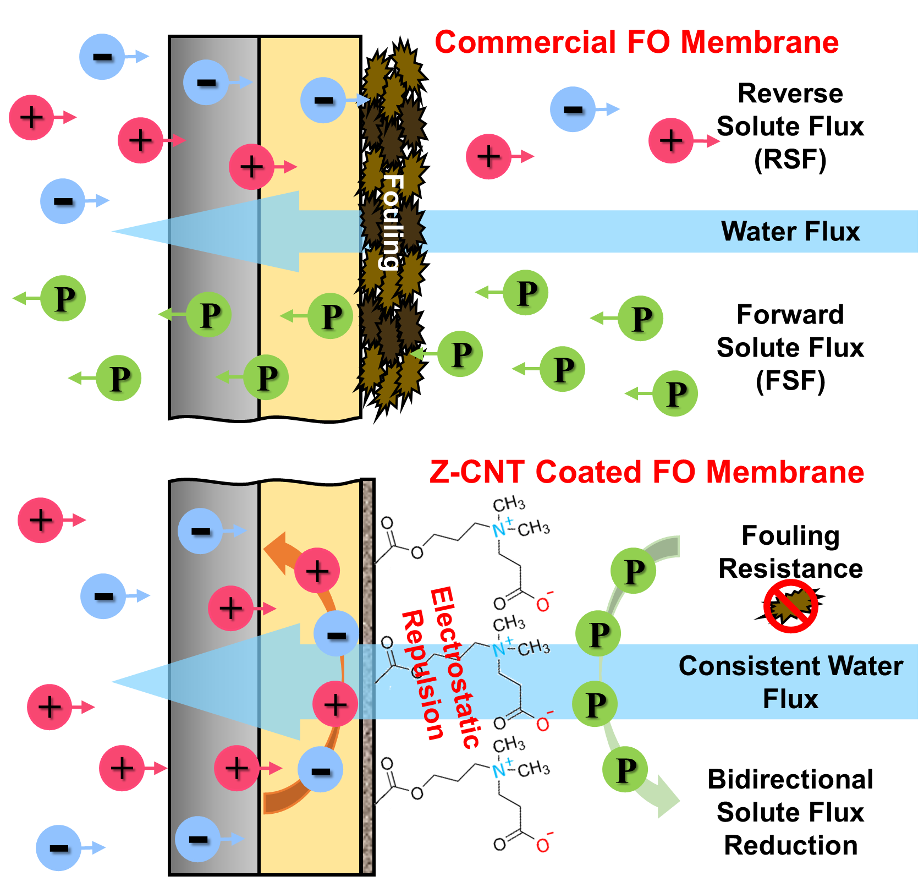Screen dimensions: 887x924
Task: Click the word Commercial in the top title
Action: (525, 43)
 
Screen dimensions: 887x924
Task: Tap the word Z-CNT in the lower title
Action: (476, 473)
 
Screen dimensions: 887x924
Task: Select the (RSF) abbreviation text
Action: (790, 160)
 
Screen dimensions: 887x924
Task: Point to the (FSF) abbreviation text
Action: (790, 381)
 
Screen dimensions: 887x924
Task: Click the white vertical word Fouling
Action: (393, 222)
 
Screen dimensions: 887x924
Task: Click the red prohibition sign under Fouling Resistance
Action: (790, 606)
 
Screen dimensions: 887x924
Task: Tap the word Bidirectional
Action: (790, 780)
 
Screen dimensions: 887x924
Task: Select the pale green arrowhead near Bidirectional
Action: (667, 798)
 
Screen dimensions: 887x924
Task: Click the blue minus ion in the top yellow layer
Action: (323, 100)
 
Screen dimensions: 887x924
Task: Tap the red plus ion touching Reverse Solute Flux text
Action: (671, 141)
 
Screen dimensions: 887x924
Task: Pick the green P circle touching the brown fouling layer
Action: (460, 354)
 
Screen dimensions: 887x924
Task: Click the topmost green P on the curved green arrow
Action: (633, 571)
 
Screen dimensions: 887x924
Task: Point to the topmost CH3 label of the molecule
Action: (509, 504)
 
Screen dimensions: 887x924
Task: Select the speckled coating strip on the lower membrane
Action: (367, 677)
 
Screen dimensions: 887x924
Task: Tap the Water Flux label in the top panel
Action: (790, 232)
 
